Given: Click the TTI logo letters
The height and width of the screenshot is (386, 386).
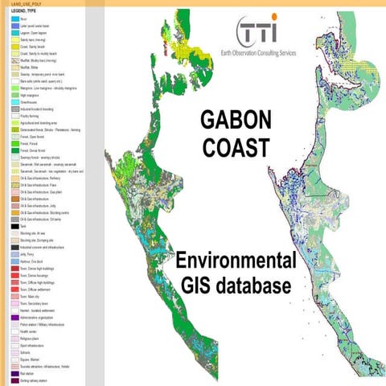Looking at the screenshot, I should click(x=260, y=31).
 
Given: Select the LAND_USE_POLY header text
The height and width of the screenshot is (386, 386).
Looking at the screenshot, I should click(x=20, y=2).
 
